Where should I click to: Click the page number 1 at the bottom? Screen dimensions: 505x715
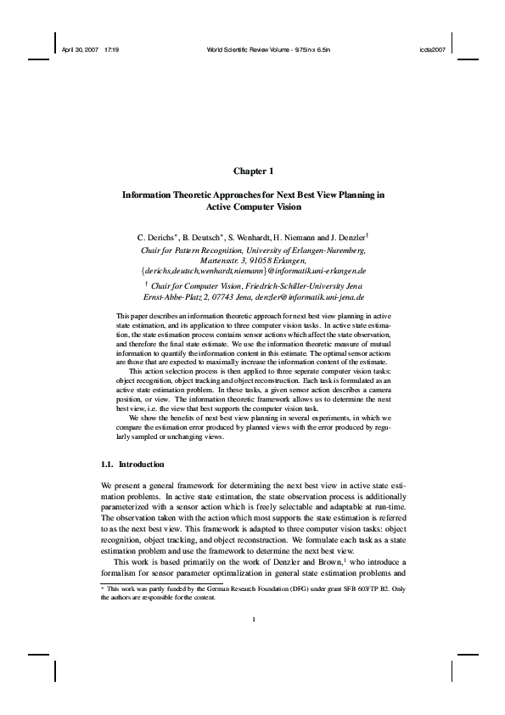point(254,667)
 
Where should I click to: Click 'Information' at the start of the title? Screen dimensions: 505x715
point(149,194)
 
